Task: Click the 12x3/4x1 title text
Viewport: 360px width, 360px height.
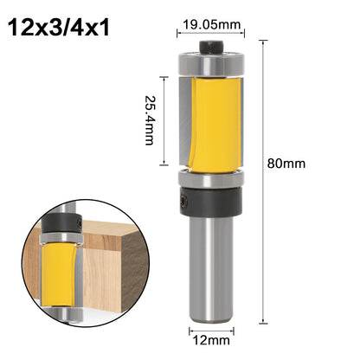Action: pos(59,28)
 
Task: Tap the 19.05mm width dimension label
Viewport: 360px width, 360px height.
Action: pos(211,24)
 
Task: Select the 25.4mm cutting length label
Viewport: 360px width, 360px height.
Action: pos(150,120)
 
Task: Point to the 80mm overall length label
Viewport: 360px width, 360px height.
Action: pos(286,164)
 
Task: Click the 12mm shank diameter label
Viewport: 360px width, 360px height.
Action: pos(211,340)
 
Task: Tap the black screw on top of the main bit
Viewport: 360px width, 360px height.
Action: pos(211,47)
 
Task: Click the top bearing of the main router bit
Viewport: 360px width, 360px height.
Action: pos(211,64)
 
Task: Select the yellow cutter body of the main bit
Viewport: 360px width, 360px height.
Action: pos(214,125)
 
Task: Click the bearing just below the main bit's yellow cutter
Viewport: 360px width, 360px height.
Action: pos(211,178)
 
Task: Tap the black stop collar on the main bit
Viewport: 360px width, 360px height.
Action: pos(211,201)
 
